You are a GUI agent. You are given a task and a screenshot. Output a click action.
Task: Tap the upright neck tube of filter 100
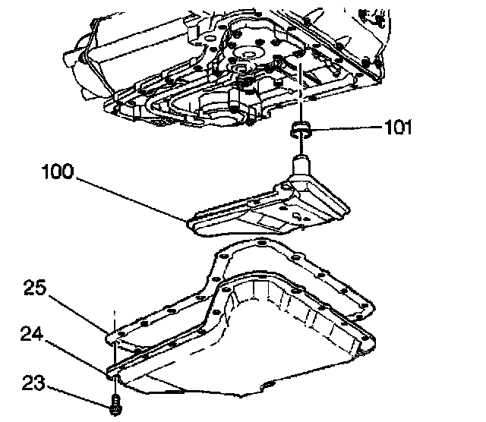tap(300, 165)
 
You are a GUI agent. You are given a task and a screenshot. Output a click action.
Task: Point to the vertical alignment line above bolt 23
tap(115, 357)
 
